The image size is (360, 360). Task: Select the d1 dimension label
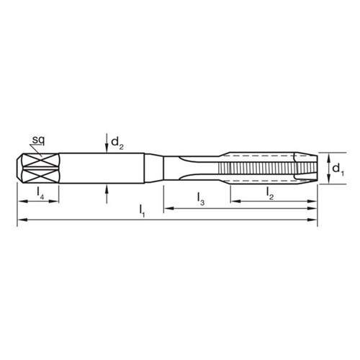click(337, 169)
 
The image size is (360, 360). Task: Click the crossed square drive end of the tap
click(36, 168)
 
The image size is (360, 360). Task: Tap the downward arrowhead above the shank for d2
click(107, 148)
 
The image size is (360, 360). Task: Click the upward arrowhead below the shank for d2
click(107, 189)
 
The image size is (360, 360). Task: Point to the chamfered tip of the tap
click(307, 168)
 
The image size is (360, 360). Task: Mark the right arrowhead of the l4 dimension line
click(55, 199)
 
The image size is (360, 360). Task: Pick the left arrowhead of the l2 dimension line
click(233, 199)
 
